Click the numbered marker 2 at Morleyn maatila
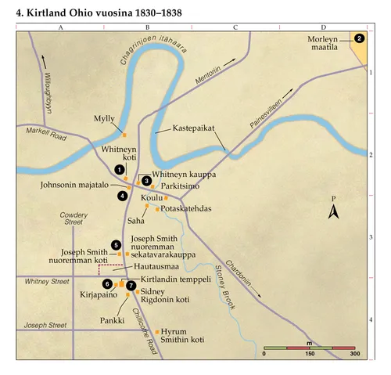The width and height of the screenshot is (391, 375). tap(359, 38)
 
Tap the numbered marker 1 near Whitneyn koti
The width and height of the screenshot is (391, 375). tap(118, 168)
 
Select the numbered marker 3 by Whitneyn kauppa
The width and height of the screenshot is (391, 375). tap(146, 181)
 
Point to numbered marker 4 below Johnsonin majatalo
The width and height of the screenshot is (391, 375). tap(122, 195)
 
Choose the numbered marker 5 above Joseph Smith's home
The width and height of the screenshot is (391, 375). tap(117, 245)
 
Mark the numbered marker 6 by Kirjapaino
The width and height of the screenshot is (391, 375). tap(107, 283)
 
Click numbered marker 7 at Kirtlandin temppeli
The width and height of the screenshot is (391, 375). tap(131, 286)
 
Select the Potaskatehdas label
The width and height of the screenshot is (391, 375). tap(186, 209)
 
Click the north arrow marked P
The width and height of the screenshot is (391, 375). tap(333, 209)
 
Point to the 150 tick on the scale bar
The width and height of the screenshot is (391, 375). tap(310, 354)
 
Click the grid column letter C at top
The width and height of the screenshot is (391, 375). tap(235, 27)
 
